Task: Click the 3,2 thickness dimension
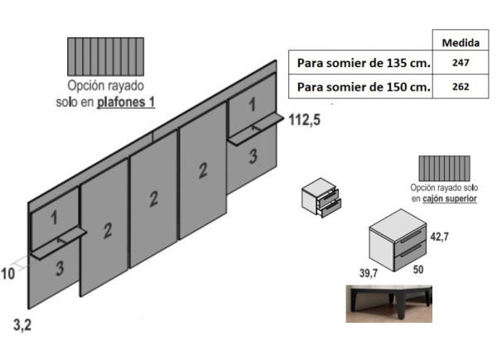(23, 325)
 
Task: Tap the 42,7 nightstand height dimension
(438, 237)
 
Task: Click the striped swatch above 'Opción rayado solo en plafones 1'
(105, 57)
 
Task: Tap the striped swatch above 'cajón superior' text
(444, 169)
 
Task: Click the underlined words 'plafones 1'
(126, 103)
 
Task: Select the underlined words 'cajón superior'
(449, 199)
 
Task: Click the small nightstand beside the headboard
(321, 199)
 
